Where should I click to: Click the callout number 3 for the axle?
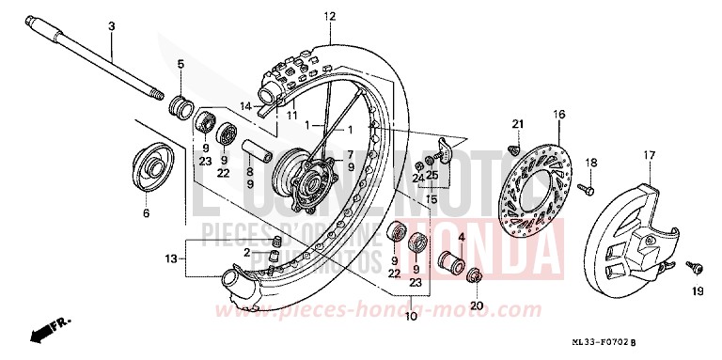pyautogui.click(x=111, y=27)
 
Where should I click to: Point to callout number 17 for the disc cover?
pyautogui.click(x=649, y=154)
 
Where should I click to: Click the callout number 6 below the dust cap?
pyautogui.click(x=146, y=212)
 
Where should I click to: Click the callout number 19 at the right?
pyautogui.click(x=697, y=291)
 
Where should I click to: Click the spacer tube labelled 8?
pyautogui.click(x=260, y=149)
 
